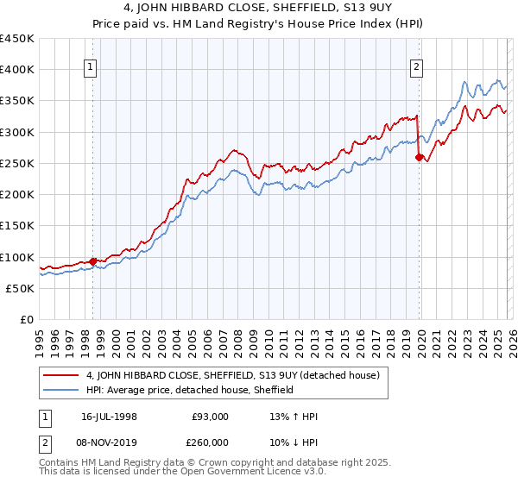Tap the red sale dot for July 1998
92,261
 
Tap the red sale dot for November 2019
419,157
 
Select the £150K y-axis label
17,226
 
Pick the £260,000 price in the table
210,442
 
